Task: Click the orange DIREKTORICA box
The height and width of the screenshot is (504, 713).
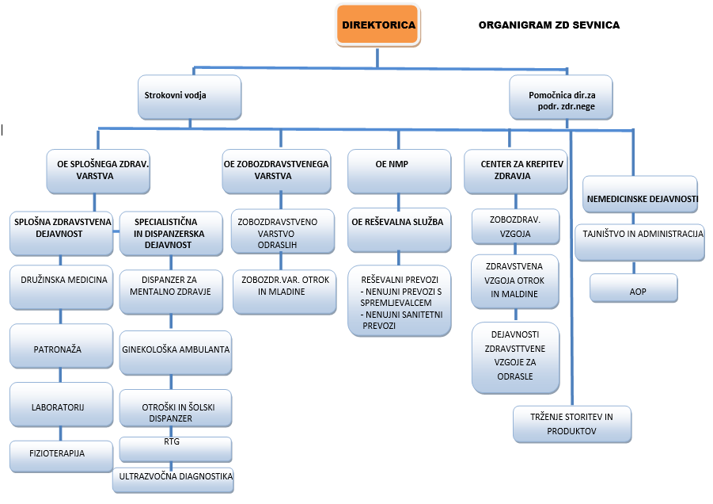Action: click(x=378, y=25)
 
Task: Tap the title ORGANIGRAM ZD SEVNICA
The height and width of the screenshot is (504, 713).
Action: click(x=548, y=25)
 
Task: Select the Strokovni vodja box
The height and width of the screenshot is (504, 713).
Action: click(x=188, y=96)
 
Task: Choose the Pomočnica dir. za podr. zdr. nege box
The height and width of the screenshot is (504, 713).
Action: click(x=561, y=99)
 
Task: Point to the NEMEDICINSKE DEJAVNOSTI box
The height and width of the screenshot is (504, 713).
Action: click(x=641, y=196)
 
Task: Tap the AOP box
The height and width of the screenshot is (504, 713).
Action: click(x=634, y=291)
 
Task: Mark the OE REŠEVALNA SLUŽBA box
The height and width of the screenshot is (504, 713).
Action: click(x=397, y=223)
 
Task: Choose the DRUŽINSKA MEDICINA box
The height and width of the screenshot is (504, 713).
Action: click(x=59, y=279)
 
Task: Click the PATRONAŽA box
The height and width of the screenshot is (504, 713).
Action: click(x=59, y=349)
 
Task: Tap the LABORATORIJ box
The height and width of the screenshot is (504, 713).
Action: click(x=59, y=406)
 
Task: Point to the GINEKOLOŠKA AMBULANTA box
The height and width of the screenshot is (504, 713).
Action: click(x=176, y=349)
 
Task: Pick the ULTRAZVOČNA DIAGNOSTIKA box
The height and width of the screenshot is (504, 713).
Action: click(x=174, y=477)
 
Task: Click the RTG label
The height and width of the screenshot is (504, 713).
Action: click(x=172, y=441)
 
